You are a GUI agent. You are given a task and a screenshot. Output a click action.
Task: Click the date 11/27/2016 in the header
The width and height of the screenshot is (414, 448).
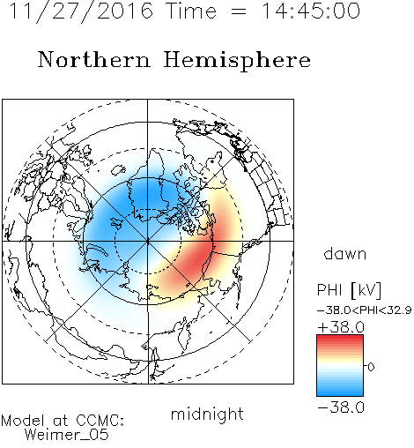81,11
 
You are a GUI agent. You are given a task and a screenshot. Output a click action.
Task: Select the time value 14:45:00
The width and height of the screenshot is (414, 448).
311,11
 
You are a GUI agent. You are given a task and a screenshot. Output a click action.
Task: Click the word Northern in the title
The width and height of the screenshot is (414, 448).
94,59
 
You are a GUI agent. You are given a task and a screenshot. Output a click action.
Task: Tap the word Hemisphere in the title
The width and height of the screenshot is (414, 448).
237,61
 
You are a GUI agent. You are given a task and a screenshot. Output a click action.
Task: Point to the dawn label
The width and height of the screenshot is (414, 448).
345,253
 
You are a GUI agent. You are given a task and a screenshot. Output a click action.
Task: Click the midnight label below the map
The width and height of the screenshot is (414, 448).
207,414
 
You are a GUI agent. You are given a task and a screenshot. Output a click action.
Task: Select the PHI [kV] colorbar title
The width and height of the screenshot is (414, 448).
349,290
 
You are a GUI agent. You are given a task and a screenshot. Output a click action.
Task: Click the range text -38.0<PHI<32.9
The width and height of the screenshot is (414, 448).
365,310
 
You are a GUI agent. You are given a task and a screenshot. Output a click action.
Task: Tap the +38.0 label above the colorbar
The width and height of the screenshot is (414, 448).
341,327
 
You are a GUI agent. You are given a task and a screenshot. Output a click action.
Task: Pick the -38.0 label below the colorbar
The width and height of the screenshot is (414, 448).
341,407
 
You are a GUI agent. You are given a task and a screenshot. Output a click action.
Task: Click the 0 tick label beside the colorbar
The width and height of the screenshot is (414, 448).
371,367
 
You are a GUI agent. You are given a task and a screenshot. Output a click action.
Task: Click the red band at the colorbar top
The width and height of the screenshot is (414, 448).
340,339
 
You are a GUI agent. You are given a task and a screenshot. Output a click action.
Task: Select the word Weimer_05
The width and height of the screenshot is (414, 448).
67,435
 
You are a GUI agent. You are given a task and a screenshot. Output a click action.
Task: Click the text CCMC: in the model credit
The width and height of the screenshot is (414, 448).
100,421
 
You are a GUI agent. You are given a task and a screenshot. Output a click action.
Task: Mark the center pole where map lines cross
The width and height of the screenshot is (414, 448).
148,241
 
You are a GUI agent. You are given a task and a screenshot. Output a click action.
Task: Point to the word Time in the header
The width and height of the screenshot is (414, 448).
191,11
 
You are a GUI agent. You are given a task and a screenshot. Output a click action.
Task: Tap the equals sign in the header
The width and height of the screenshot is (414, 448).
239,11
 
